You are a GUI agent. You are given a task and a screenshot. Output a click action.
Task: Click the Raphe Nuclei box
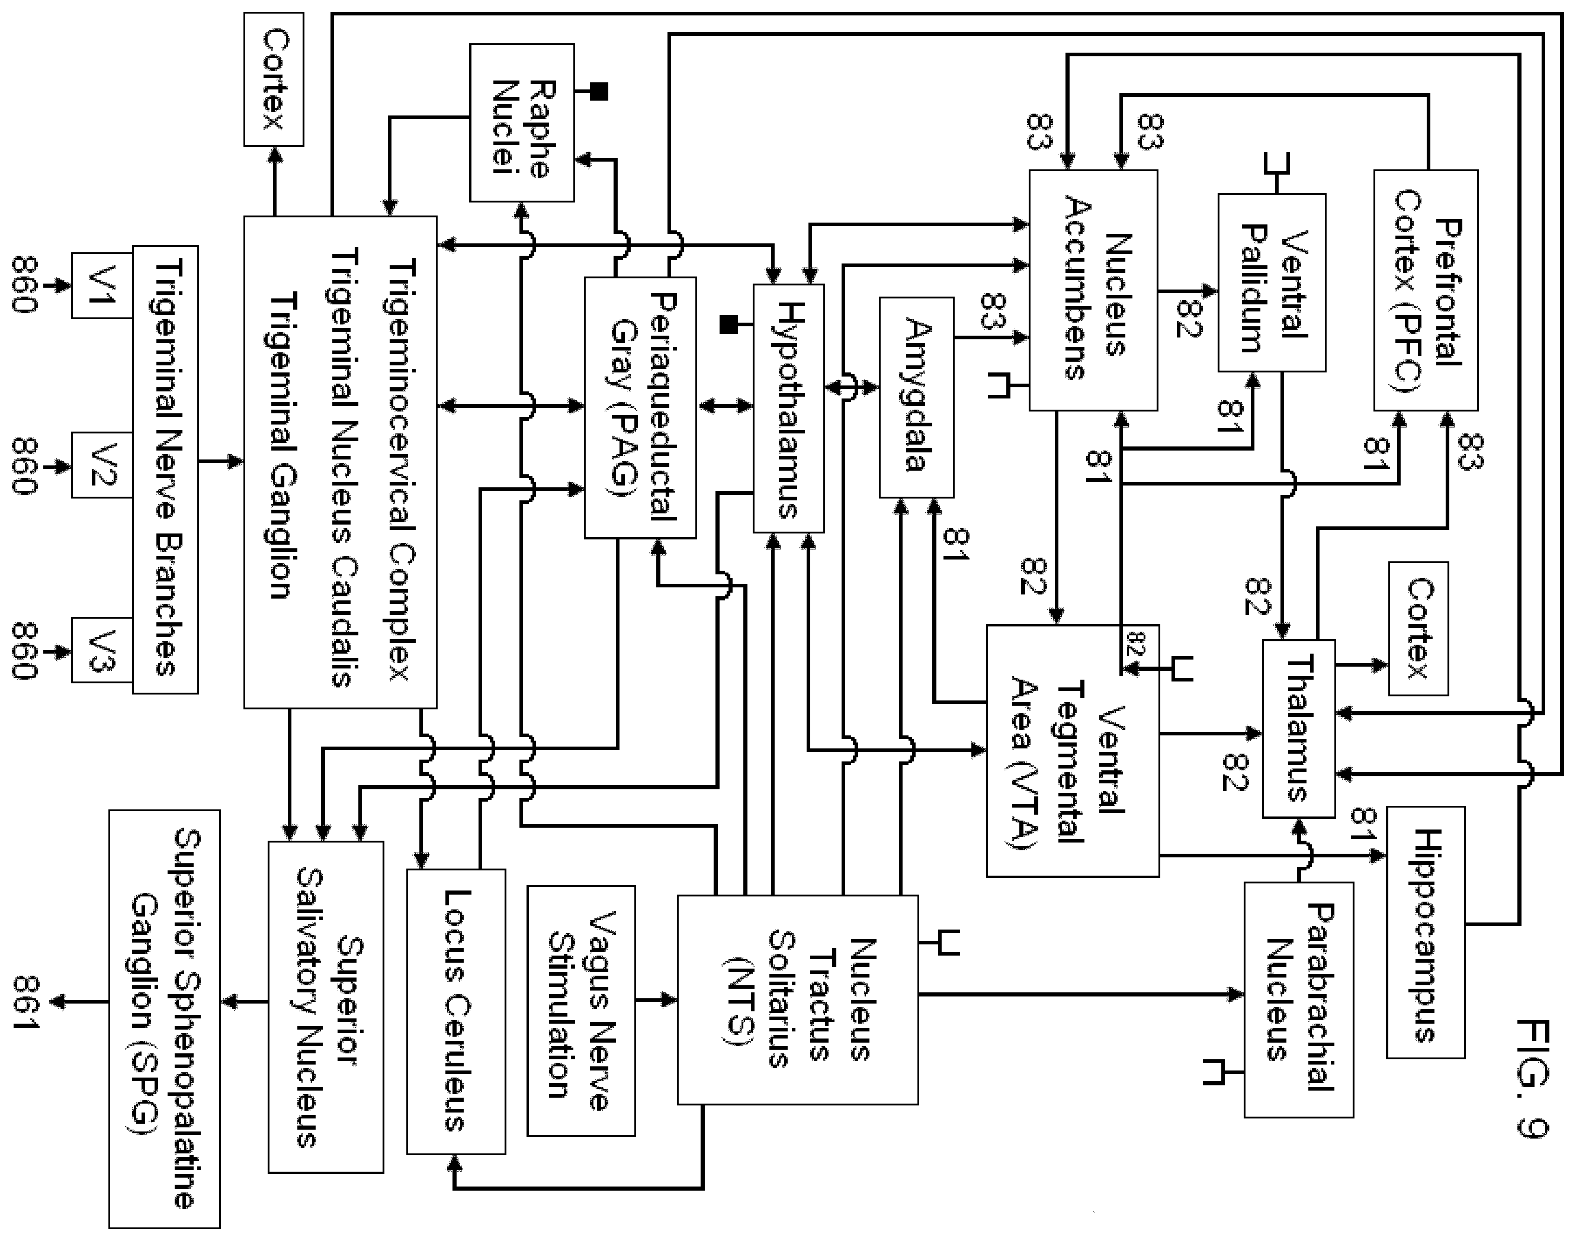click(522, 123)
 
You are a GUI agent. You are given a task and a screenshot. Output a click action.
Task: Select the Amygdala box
click(916, 397)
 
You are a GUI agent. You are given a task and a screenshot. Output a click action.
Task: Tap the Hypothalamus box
click(788, 409)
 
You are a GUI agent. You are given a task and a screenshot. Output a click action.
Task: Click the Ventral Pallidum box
click(1272, 282)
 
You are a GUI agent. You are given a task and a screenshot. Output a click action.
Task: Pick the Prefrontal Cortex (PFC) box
click(1426, 290)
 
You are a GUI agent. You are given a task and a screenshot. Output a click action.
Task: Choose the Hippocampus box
click(1426, 932)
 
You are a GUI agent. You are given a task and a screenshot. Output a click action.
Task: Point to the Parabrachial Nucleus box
click(1298, 1000)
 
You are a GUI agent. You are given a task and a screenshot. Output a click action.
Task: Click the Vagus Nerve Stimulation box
click(581, 1011)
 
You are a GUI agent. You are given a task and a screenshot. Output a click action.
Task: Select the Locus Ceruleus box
click(455, 1012)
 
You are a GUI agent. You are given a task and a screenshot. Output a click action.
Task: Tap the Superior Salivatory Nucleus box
click(326, 1007)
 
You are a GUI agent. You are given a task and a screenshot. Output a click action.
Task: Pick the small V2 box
click(102, 465)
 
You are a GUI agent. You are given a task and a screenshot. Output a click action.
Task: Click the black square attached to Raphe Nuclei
click(599, 92)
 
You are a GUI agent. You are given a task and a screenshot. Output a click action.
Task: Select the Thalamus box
click(1298, 728)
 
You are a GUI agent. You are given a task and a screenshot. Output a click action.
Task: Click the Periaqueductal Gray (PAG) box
click(640, 407)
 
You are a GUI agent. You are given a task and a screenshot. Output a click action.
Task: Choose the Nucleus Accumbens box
click(1093, 290)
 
